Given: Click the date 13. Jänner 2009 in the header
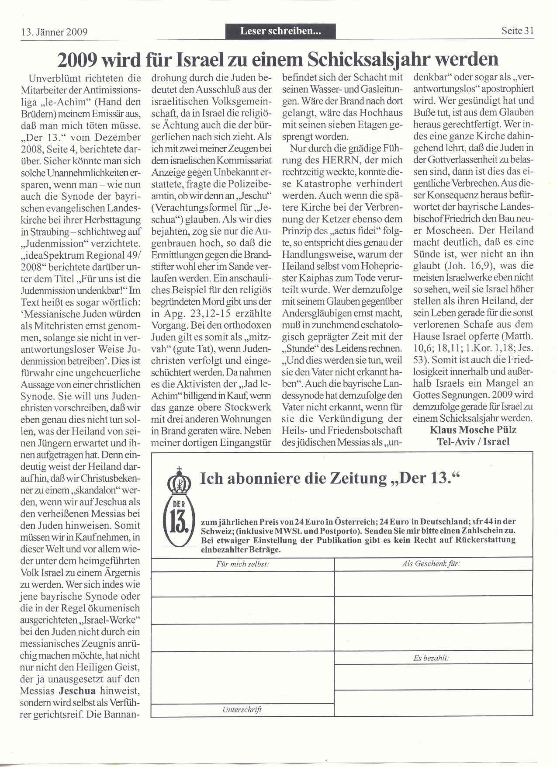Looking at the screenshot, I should pyautogui.click(x=54, y=32).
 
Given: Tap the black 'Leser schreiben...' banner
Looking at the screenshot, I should pyautogui.click(x=280, y=31).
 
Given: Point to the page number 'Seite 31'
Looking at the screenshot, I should pyautogui.click(x=517, y=31).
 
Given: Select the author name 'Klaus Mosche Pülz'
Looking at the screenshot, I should pyautogui.click(x=473, y=430).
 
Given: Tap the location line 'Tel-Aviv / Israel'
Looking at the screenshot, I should pyautogui.click(x=473, y=441).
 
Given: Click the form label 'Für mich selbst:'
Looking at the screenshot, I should pyautogui.click(x=242, y=564).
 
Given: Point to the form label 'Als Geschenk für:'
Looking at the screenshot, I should pyautogui.click(x=431, y=563).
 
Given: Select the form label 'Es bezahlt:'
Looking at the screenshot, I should pyautogui.click(x=431, y=658).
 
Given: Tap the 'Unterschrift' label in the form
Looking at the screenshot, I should pyautogui.click(x=242, y=710).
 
